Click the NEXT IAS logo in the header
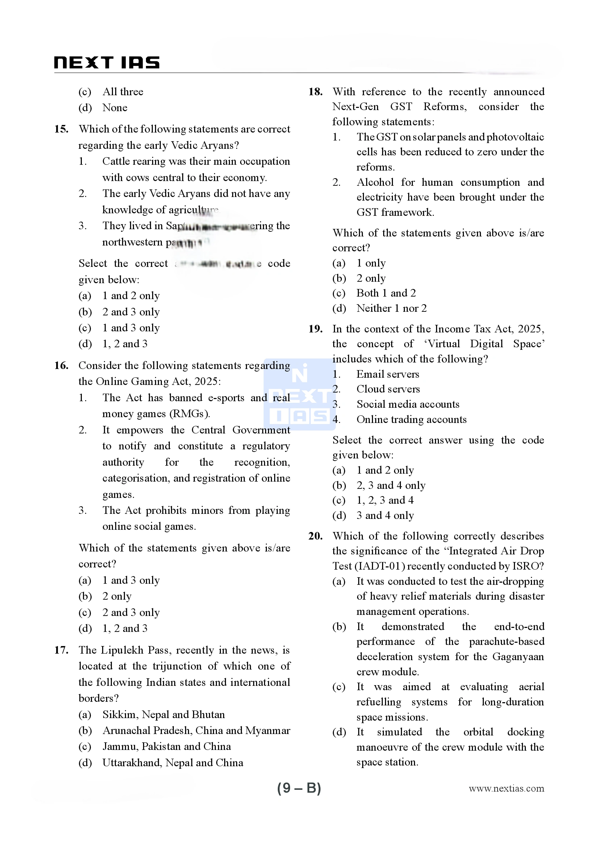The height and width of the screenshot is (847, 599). (106, 63)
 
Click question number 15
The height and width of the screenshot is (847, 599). (61, 129)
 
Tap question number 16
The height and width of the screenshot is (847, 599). (61, 366)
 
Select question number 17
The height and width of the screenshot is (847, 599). (61, 650)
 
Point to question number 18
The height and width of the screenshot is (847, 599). (315, 92)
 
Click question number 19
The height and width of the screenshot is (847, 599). (315, 329)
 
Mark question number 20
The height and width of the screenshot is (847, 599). (315, 536)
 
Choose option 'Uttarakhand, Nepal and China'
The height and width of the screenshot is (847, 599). (173, 763)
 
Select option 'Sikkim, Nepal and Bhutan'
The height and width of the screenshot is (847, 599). (163, 714)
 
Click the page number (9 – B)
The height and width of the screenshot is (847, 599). (299, 788)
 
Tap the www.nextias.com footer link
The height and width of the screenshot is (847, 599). (506, 789)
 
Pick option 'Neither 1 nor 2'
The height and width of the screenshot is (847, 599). (391, 308)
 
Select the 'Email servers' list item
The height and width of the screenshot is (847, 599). (388, 374)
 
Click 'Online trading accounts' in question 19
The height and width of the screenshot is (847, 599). (411, 419)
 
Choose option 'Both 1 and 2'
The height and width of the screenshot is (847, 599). (386, 293)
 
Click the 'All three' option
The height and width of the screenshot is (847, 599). (123, 92)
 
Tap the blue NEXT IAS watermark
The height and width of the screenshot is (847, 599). (299, 395)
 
